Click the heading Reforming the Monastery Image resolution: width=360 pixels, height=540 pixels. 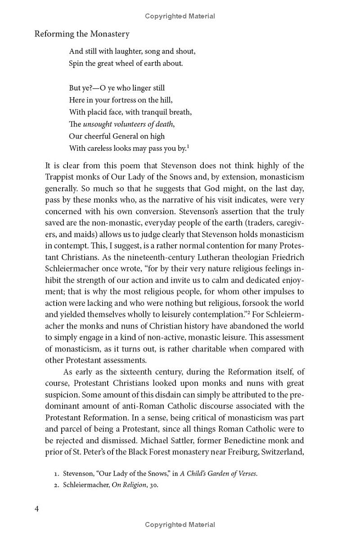82,34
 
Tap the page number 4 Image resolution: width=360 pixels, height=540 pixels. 37,509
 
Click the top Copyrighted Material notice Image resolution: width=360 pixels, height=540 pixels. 180,16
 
